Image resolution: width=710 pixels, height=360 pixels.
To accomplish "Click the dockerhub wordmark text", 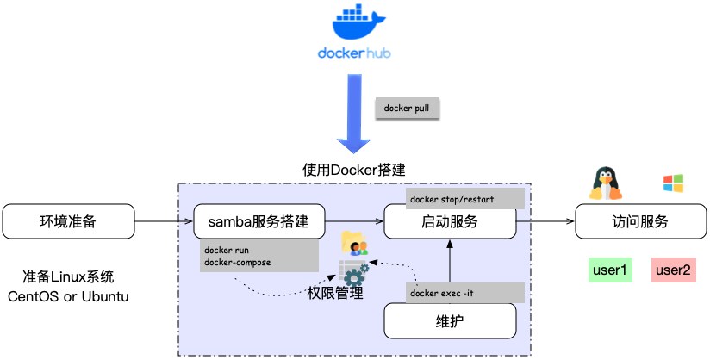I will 354,53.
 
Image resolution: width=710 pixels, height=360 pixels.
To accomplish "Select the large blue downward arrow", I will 354,112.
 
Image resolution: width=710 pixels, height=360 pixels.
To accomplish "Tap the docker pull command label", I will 408,109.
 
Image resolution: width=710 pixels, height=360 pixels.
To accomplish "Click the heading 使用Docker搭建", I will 354,169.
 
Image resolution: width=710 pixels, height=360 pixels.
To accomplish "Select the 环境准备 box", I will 68,221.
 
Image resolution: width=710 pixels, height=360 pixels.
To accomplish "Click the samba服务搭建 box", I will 259,221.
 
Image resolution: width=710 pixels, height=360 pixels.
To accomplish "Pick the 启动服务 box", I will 450,221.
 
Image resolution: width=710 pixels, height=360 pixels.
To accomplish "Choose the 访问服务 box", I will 639,221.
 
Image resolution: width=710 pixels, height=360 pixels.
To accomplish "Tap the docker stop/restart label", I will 464,198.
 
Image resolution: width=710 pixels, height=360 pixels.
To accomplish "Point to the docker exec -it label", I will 464,293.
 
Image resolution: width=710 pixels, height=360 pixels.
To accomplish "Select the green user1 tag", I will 610,270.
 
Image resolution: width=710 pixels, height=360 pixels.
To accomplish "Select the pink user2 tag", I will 673,270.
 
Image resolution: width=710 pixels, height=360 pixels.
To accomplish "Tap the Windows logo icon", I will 673,183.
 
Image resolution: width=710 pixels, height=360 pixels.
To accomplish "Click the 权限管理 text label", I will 335,294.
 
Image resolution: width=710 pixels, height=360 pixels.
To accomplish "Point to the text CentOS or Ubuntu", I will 68,296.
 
